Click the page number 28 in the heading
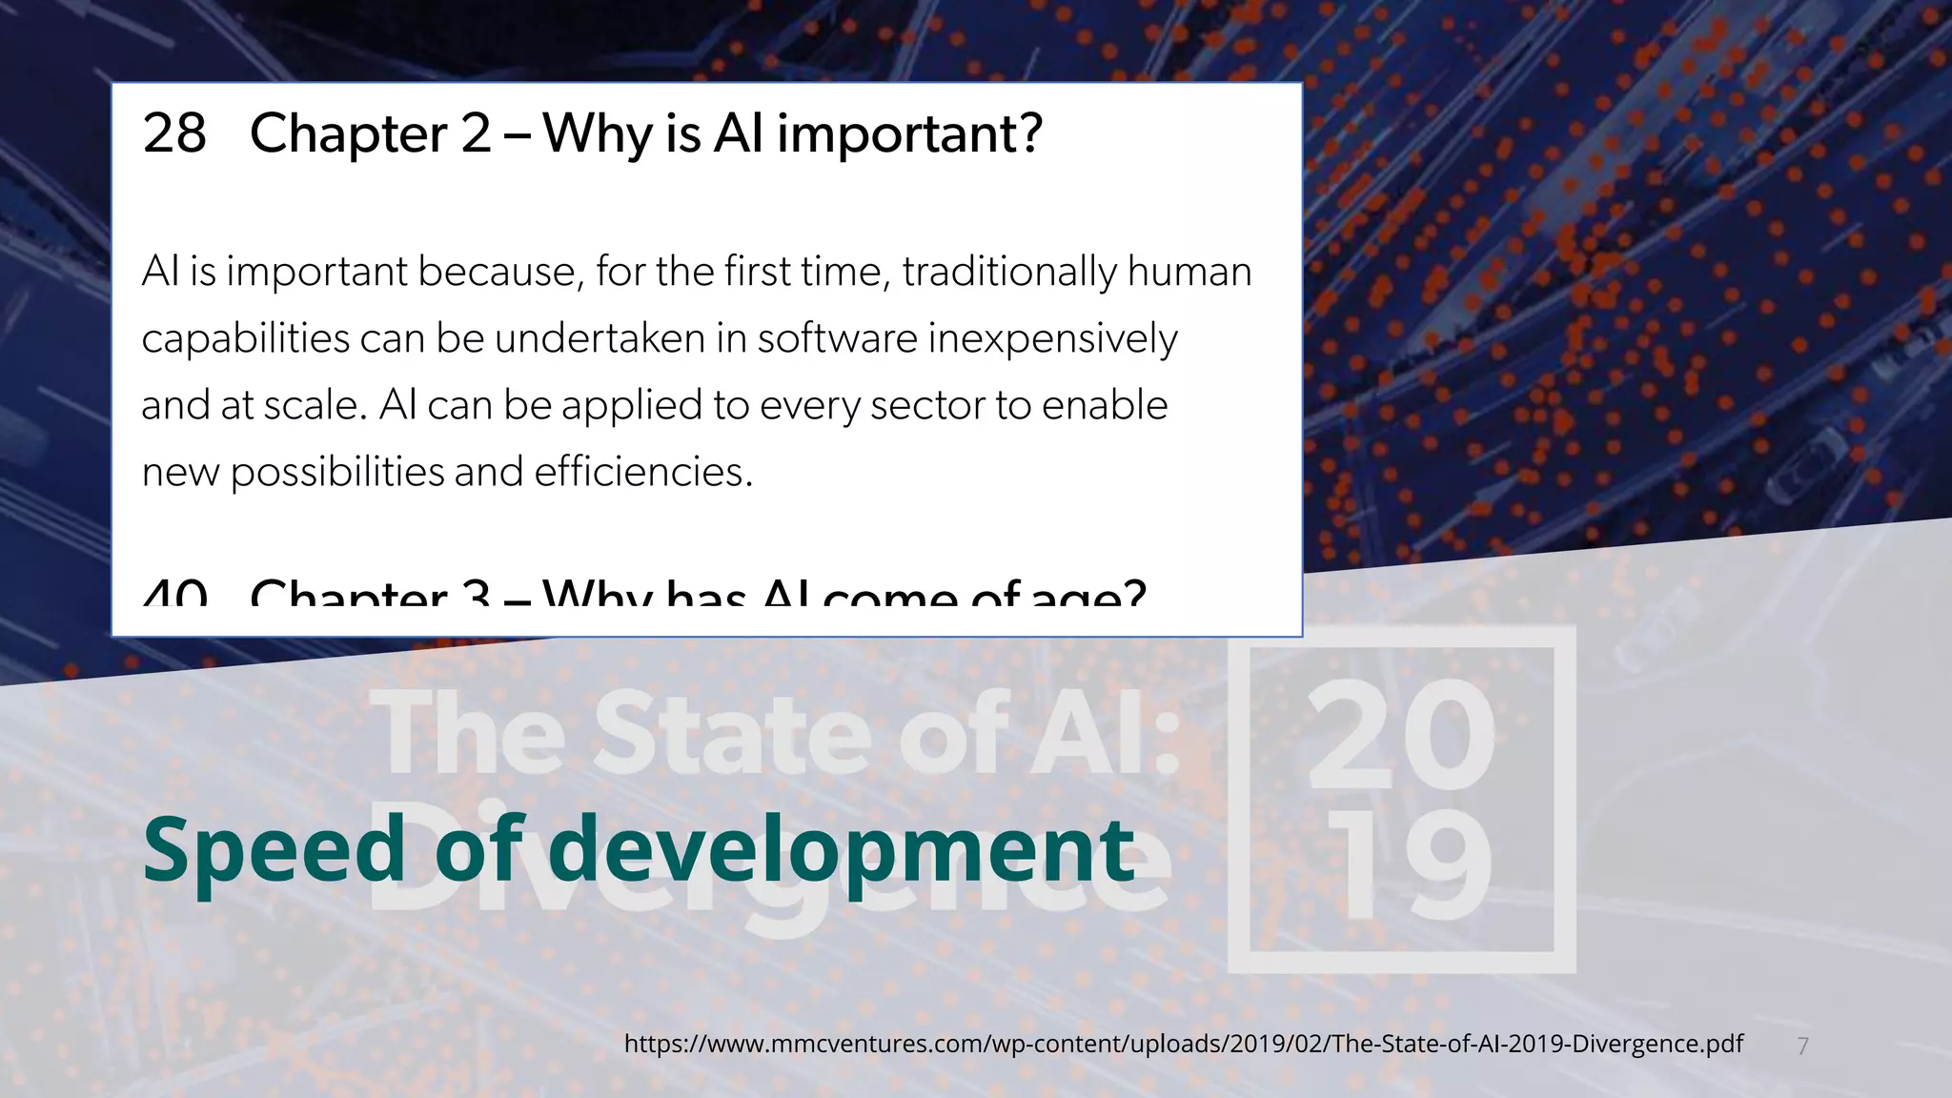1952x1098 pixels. click(x=174, y=133)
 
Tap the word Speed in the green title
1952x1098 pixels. click(x=274, y=851)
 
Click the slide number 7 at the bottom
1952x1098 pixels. click(x=1802, y=1047)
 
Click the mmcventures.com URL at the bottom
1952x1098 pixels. click(x=1183, y=1044)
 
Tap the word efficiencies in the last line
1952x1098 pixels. click(x=640, y=473)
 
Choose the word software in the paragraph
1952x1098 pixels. click(x=837, y=339)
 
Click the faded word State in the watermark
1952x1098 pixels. click(x=730, y=734)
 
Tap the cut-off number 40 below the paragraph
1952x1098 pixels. click(x=174, y=596)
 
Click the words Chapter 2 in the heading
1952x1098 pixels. click(x=370, y=133)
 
